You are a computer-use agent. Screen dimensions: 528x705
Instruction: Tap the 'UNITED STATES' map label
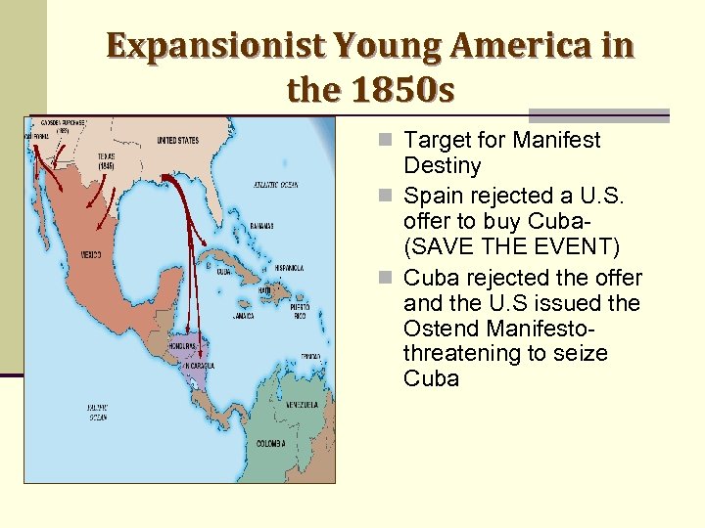click(177, 141)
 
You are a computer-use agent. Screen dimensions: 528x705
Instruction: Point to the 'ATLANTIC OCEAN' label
click(275, 184)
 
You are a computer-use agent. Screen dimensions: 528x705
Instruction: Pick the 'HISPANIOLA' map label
click(289, 267)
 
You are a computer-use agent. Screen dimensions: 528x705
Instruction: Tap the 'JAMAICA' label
click(244, 316)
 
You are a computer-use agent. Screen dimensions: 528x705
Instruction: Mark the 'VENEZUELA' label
click(300, 404)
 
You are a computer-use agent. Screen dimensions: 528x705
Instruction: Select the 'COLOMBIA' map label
click(270, 443)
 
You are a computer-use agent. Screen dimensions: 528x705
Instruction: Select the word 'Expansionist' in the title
click(214, 45)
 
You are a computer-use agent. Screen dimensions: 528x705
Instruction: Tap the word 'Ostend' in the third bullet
click(442, 328)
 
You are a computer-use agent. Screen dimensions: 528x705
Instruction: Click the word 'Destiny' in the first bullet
click(442, 165)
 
